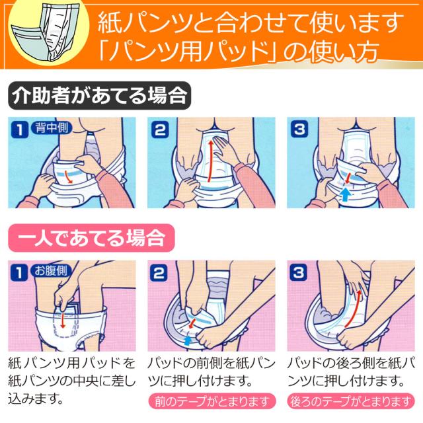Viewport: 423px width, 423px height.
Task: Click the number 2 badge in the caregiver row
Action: coord(159,130)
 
